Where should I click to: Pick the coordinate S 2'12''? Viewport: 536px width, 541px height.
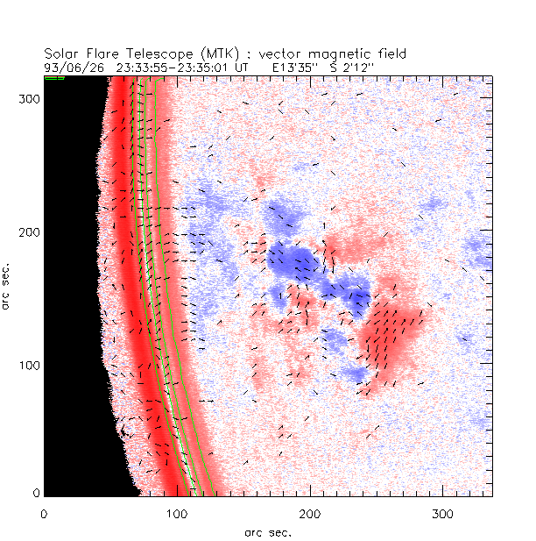[x=352, y=66]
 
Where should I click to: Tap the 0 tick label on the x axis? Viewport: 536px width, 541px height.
[x=44, y=513]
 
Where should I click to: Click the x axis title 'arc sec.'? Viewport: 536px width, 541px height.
[x=268, y=531]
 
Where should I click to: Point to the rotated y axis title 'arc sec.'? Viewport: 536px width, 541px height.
[x=8, y=285]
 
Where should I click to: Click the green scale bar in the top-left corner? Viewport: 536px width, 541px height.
[x=54, y=78]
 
